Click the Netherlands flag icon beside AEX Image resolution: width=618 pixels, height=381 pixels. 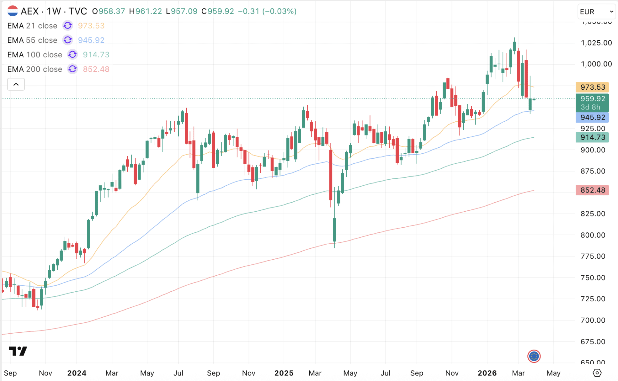[x=12, y=11]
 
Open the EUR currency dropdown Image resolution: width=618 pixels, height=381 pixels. [x=596, y=12]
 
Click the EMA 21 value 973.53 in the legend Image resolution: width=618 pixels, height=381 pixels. [x=91, y=26]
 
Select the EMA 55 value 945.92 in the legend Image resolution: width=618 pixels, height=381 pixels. [x=91, y=40]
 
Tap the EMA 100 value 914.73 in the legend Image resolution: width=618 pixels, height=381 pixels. [x=96, y=55]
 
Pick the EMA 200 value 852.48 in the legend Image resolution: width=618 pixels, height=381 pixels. [x=96, y=69]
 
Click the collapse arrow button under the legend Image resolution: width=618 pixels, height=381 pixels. [x=16, y=85]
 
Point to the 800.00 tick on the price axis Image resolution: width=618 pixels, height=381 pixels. [x=593, y=235]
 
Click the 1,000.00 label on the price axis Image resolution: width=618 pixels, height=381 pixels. [x=596, y=64]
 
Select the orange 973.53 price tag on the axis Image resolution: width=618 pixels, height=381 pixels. [x=592, y=87]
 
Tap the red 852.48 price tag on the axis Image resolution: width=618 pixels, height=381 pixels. [x=592, y=190]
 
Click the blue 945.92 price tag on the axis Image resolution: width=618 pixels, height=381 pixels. [x=592, y=118]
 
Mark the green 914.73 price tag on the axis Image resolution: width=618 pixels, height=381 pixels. [x=592, y=137]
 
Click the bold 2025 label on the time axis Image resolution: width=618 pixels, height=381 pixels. [x=284, y=373]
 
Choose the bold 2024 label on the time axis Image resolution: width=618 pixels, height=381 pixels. [x=77, y=373]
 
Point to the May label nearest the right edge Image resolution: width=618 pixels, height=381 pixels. [x=553, y=373]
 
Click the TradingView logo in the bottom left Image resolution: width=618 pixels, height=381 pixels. [x=18, y=351]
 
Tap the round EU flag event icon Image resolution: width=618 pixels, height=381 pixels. [x=534, y=356]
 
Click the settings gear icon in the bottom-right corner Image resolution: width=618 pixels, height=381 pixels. [x=597, y=373]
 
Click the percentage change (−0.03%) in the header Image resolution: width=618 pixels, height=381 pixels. [x=279, y=11]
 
